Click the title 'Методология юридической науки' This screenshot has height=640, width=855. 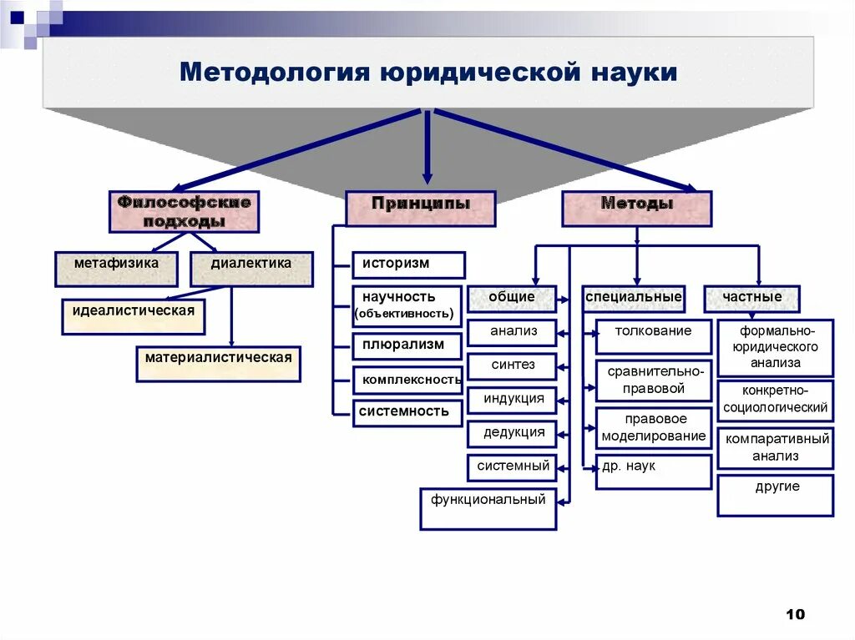pyautogui.click(x=427, y=72)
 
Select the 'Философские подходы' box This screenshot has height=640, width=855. pyautogui.click(x=184, y=211)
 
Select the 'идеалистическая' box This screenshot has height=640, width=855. pyautogui.click(x=134, y=316)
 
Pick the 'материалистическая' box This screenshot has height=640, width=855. pyautogui.click(x=218, y=363)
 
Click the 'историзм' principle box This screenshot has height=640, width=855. pyautogui.click(x=408, y=265)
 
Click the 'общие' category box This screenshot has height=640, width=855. pyautogui.click(x=512, y=298)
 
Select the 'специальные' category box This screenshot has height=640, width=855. pyautogui.click(x=634, y=298)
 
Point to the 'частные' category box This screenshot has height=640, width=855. pyautogui.click(x=752, y=298)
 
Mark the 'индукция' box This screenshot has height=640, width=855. pyautogui.click(x=512, y=400)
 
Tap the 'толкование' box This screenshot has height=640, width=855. pyautogui.click(x=654, y=335)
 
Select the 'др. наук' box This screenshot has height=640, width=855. pyautogui.click(x=654, y=471)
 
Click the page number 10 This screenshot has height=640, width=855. pyautogui.click(x=795, y=615)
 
